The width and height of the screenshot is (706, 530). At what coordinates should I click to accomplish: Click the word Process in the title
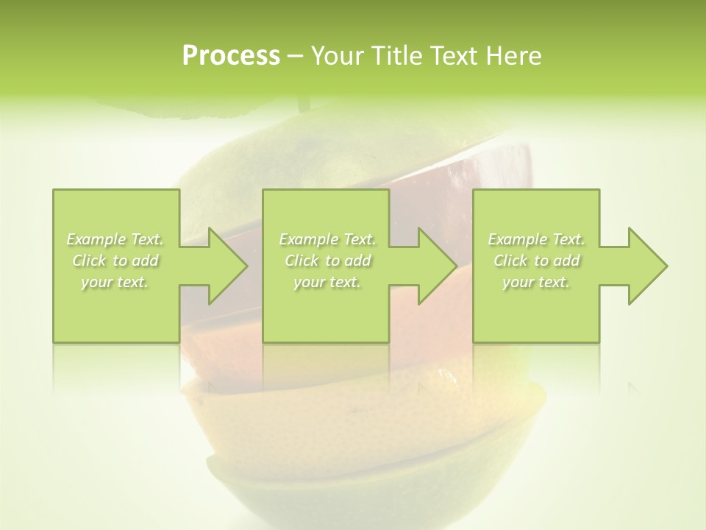coord(231,56)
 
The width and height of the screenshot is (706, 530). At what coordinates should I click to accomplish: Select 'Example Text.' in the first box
coord(115,239)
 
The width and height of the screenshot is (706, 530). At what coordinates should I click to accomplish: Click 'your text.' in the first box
coord(115,282)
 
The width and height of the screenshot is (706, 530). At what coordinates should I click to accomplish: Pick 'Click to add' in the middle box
coord(327,261)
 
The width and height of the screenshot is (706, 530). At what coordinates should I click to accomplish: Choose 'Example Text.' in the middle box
coord(327,239)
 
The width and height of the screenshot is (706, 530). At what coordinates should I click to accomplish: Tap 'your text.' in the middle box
coord(327,282)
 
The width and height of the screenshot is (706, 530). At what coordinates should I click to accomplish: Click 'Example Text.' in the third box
coord(536,239)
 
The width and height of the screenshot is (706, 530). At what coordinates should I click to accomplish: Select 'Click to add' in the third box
coord(536,261)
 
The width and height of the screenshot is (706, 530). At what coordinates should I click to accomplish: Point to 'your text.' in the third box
coord(536,282)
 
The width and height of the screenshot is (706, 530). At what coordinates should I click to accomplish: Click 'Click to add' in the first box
coord(115,261)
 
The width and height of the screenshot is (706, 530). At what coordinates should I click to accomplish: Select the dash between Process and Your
coord(295,56)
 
